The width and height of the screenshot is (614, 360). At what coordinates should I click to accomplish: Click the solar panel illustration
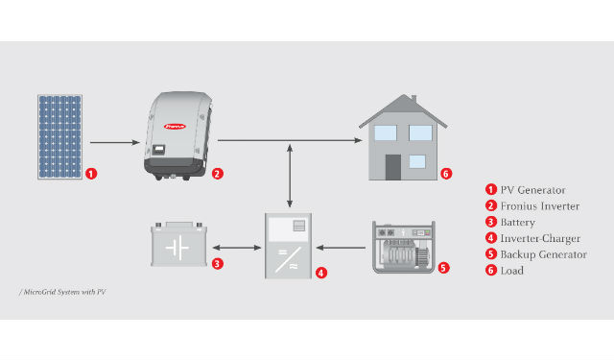pos(59,136)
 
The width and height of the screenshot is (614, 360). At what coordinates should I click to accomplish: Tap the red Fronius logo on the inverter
pos(175,126)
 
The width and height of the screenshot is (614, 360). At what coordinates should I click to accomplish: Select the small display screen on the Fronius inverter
pos(158,149)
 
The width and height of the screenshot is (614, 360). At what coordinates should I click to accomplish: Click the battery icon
pos(179,245)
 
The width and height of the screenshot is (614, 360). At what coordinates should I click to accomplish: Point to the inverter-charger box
pos(288,246)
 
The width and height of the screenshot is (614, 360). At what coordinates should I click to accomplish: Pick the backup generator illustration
pos(403,247)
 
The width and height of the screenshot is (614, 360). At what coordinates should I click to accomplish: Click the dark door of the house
pos(393,167)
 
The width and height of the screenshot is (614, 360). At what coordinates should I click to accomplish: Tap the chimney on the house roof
pos(413,98)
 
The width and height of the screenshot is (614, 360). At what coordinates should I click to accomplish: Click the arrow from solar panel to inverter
pos(115,142)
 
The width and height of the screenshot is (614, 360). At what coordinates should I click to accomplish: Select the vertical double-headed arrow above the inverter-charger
pos(290,176)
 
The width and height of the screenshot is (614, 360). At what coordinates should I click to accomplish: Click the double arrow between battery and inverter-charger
pos(237,248)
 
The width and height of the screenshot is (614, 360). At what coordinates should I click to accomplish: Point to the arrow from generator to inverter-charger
pos(341,248)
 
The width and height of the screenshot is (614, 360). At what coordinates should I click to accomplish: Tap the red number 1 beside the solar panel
pos(91,174)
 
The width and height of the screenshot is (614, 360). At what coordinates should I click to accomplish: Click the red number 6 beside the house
pos(446,174)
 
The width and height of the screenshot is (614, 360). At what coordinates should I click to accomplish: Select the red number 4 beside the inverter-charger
pos(321,273)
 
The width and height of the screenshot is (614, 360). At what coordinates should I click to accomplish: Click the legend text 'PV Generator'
pos(533,190)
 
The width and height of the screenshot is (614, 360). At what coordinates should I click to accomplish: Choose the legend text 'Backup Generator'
pos(544,254)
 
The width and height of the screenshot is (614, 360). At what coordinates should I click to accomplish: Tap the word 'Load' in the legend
pos(511,271)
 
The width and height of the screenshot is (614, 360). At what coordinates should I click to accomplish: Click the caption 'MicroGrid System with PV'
pos(62,292)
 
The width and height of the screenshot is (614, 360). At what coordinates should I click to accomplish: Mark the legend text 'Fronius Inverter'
pos(540,206)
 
